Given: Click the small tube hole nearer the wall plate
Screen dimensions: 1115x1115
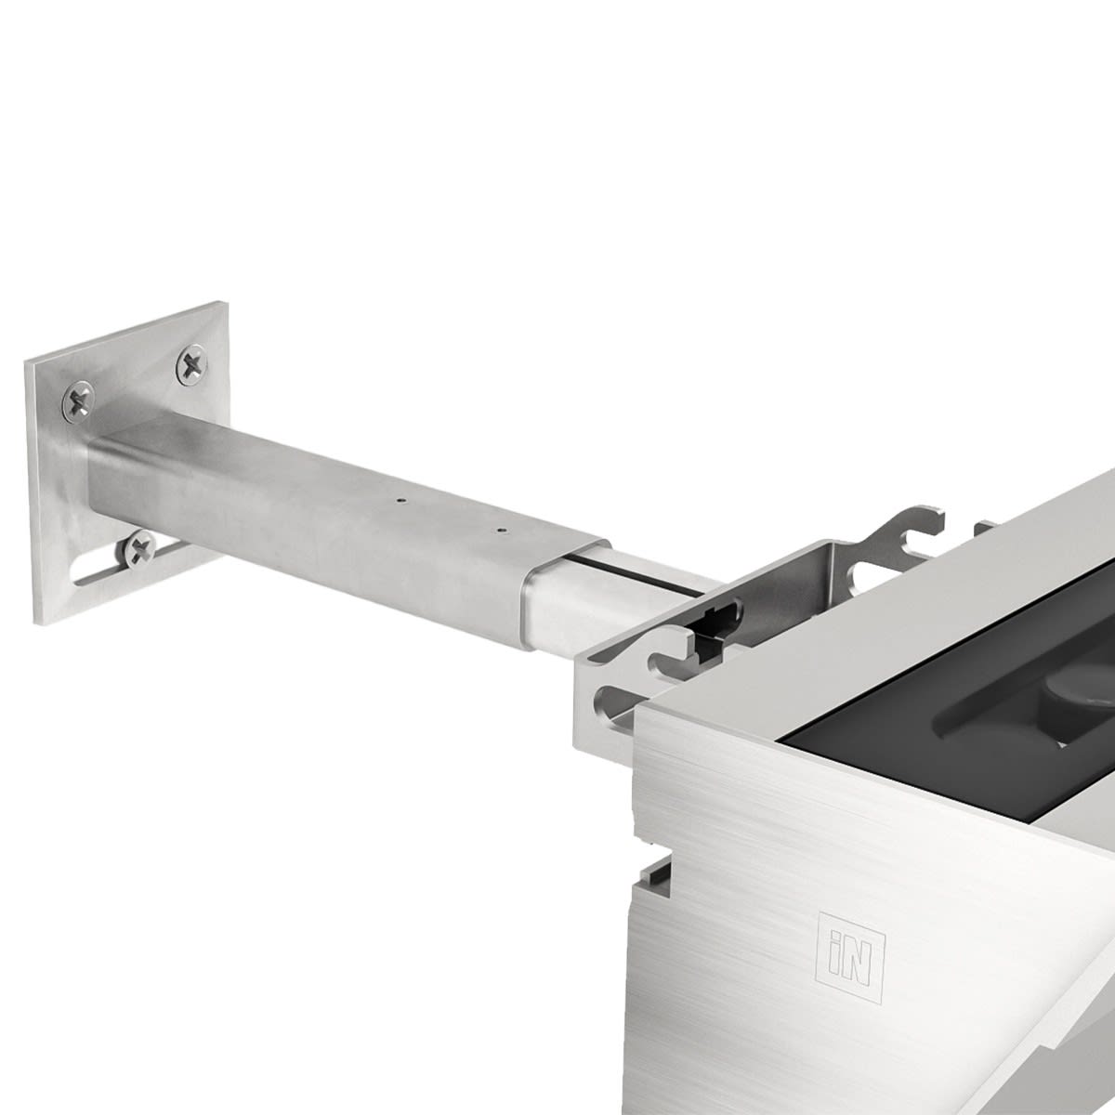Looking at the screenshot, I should pyautogui.click(x=401, y=500).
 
